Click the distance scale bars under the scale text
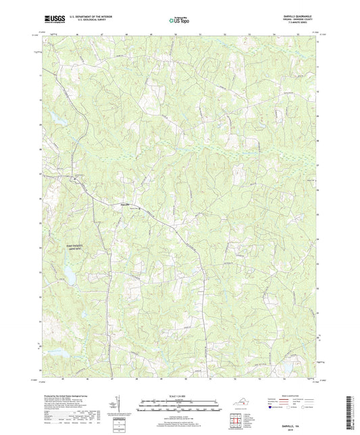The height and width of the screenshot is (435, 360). coord(179,407)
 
